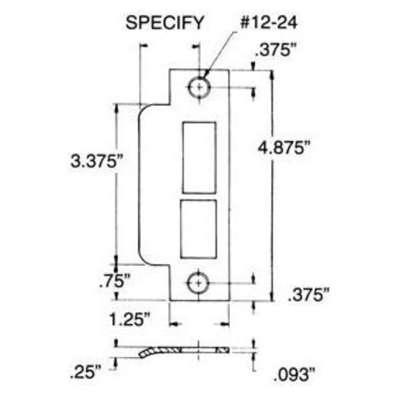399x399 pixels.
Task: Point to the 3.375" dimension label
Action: [x=95, y=160]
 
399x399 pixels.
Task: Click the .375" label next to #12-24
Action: [x=275, y=51]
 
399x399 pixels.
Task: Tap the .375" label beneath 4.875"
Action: [x=309, y=295]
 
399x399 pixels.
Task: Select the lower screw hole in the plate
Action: [x=198, y=282]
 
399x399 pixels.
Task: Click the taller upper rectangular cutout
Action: [x=199, y=157]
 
